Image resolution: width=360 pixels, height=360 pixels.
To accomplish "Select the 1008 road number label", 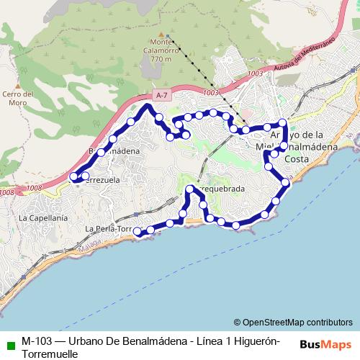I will click(x=7, y=192).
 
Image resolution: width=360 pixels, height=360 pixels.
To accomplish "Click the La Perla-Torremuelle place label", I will click(x=108, y=229).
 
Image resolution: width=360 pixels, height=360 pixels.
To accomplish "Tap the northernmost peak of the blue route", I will click(x=150, y=106).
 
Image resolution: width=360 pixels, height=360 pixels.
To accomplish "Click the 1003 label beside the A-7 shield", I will click(x=210, y=93).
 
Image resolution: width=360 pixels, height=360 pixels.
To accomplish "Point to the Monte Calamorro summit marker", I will click(x=166, y=35).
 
